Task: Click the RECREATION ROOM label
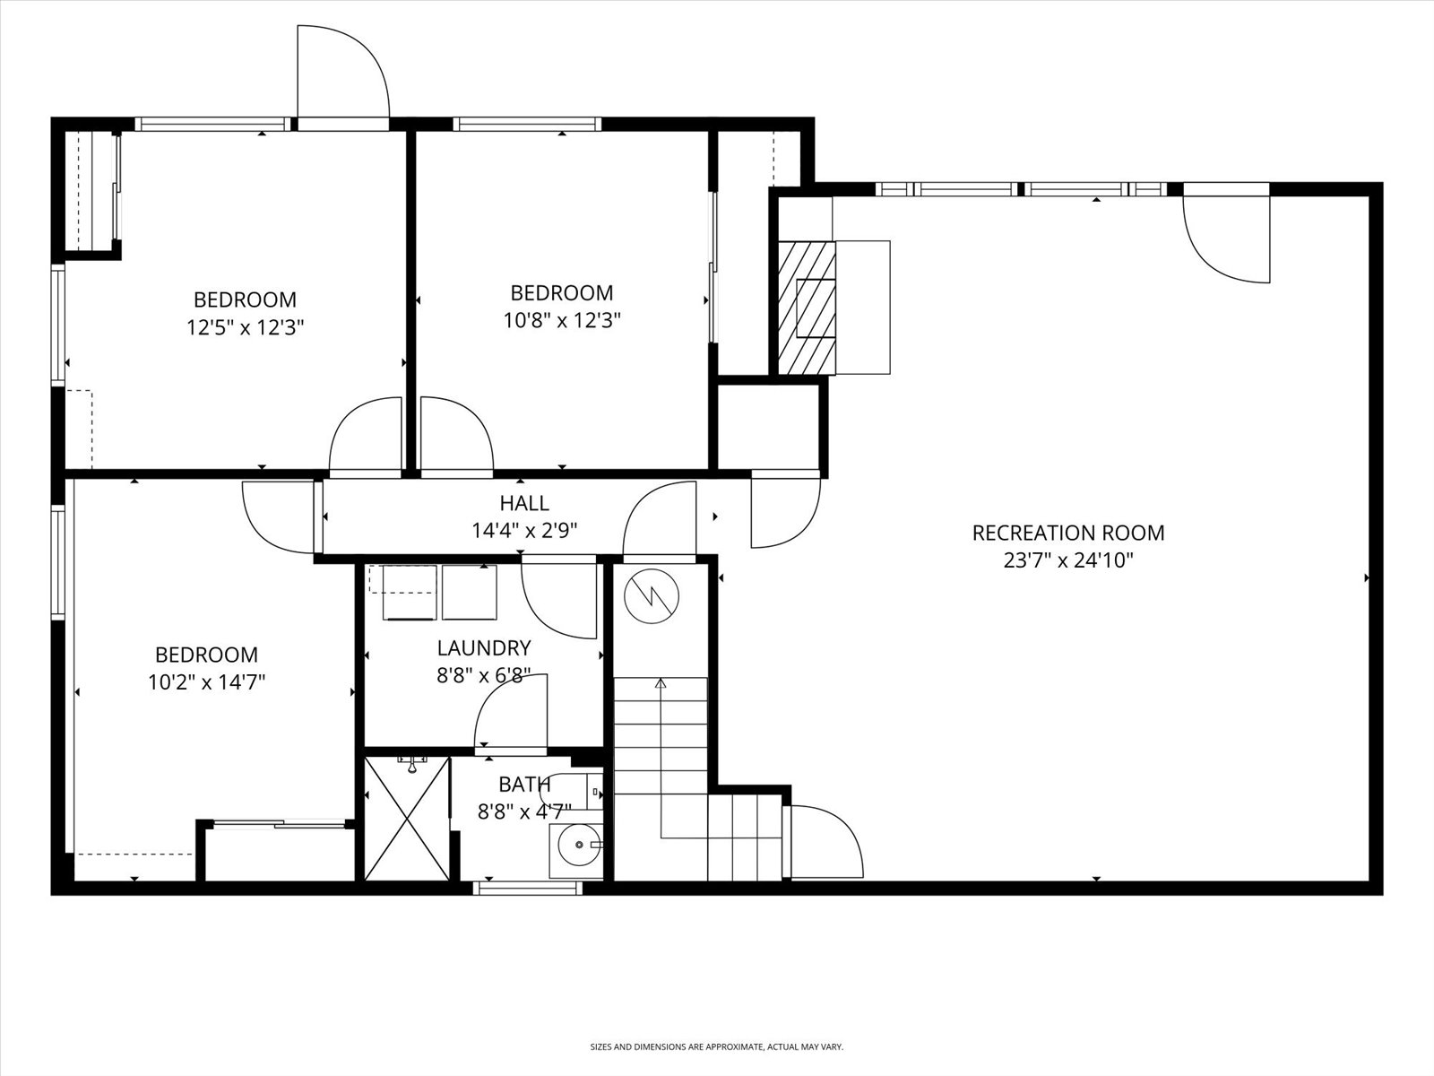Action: click(1068, 533)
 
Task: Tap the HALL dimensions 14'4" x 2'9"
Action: click(524, 531)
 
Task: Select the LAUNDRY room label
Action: click(484, 647)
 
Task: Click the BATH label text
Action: click(524, 785)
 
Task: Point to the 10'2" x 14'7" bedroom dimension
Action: click(207, 682)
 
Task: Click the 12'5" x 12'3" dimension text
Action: click(246, 327)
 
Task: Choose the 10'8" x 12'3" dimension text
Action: click(562, 320)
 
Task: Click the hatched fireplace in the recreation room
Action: click(806, 307)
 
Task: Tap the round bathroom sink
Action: click(576, 845)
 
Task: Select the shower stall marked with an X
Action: click(407, 819)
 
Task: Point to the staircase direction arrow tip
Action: click(661, 682)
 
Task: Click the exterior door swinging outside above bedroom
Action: click(342, 72)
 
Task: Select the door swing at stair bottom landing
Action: click(825, 841)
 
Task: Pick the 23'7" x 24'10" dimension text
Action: click(1068, 561)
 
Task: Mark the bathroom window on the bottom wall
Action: click(527, 888)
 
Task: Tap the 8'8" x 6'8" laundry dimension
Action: click(484, 675)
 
